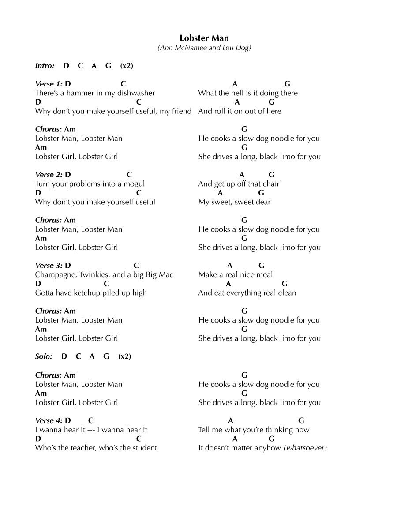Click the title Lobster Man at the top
pyautogui.click(x=204, y=38)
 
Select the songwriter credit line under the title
pyautogui.click(x=204, y=48)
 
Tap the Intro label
pyautogui.click(x=45, y=66)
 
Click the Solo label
pyautogui.click(x=44, y=356)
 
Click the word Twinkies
pyautogui.click(x=93, y=275)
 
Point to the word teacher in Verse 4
pyautogui.click(x=70, y=448)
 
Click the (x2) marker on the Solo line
pyautogui.click(x=125, y=356)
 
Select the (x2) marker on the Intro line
pyautogui.click(x=127, y=66)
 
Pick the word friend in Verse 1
pyautogui.click(x=182, y=111)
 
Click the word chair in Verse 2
pyautogui.click(x=271, y=184)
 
